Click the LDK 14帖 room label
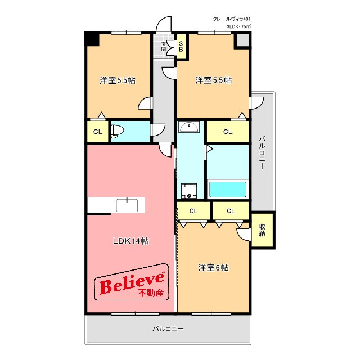[x=131, y=241]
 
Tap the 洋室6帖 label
[x=213, y=268]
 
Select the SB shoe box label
[x=181, y=46]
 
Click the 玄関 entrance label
[x=163, y=46]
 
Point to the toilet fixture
[x=118, y=131]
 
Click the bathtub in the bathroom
[x=228, y=190]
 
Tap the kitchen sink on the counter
[x=127, y=205]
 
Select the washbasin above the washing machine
[x=189, y=127]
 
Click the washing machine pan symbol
[x=189, y=191]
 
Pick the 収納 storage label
[x=262, y=230]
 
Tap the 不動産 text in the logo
[x=151, y=293]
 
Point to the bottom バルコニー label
[x=168, y=328]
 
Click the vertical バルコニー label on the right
[x=262, y=153]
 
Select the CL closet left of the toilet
[x=98, y=132]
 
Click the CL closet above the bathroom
[x=228, y=132]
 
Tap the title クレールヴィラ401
[x=231, y=19]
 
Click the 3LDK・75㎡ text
[x=238, y=26]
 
